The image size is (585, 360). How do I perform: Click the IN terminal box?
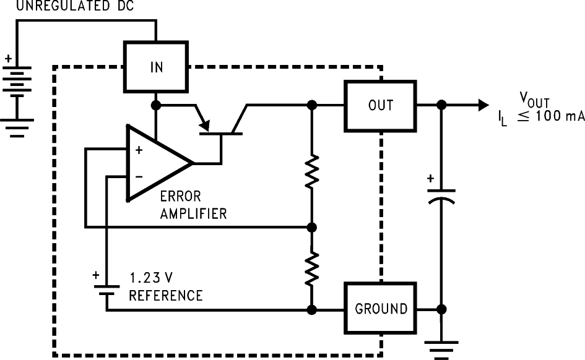[x=157, y=67]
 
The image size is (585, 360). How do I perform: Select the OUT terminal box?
[x=380, y=105]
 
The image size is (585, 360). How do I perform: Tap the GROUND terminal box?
[x=381, y=308]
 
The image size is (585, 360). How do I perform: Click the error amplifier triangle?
[x=155, y=163]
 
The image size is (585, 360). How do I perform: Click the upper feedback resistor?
[x=312, y=171]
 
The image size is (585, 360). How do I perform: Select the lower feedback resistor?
[x=312, y=268]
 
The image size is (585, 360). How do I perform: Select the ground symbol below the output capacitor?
[x=441, y=348]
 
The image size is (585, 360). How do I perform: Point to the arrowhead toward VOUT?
[x=482, y=105]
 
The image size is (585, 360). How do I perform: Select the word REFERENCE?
[x=165, y=296]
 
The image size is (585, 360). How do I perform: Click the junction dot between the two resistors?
[x=312, y=227]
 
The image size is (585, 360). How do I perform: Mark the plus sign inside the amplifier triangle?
[x=138, y=150]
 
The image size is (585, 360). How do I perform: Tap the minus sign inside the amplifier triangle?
[x=138, y=177]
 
